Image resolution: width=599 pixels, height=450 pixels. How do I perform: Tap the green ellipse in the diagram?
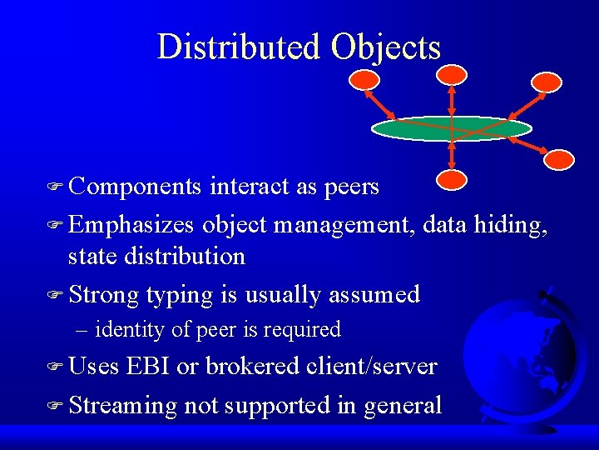click(451, 128)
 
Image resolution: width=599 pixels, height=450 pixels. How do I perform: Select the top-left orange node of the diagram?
click(364, 80)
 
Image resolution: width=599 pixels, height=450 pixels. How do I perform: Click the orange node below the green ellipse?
click(452, 179)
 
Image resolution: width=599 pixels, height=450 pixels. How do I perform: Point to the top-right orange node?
click(547, 82)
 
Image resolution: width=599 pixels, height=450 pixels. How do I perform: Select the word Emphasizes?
click(131, 223)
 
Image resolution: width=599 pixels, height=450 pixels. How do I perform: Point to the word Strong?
click(103, 293)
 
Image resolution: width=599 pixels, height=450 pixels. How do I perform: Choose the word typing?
click(181, 294)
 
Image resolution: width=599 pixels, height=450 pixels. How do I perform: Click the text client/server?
click(371, 366)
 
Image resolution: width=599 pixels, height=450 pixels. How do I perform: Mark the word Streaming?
click(123, 406)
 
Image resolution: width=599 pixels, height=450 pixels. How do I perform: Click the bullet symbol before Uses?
click(57, 367)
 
